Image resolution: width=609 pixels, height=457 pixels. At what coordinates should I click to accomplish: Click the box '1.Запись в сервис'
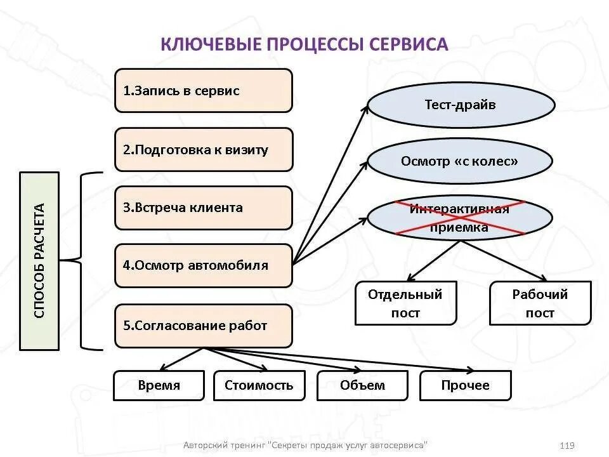click(203, 91)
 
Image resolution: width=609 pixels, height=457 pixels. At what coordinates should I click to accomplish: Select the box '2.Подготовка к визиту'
click(203, 150)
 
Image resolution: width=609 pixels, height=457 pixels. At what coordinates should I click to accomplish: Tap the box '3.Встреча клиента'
click(203, 208)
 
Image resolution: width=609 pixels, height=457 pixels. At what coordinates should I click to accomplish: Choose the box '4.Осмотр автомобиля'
click(203, 265)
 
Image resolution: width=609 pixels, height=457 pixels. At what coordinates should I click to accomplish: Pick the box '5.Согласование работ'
click(203, 326)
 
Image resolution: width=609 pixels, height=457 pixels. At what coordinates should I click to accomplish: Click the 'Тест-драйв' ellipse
click(460, 105)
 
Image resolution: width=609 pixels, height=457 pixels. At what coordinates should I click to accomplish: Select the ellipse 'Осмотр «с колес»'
click(460, 161)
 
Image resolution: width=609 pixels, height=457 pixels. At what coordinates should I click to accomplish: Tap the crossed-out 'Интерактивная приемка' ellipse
click(460, 218)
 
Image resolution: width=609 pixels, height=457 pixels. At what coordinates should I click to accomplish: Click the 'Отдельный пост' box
click(405, 303)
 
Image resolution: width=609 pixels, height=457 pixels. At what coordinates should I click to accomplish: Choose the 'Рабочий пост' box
click(540, 303)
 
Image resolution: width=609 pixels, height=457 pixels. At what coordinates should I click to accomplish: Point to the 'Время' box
click(159, 385)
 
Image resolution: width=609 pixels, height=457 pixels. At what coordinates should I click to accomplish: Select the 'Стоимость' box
click(259, 385)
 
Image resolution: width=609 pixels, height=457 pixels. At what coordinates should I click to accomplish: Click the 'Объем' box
click(362, 385)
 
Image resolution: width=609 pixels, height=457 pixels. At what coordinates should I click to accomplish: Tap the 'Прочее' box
click(465, 385)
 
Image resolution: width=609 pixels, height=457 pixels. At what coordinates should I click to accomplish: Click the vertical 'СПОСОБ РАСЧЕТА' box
click(39, 260)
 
